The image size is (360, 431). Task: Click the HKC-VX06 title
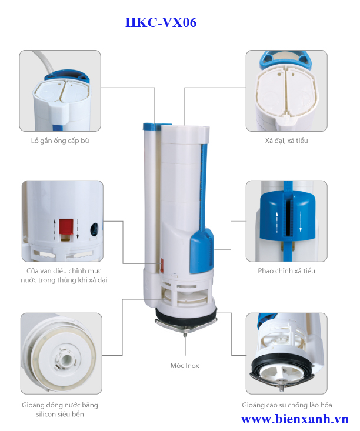coord(161,22)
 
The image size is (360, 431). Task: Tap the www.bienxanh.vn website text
coord(295,419)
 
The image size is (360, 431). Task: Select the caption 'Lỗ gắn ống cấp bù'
coord(60,141)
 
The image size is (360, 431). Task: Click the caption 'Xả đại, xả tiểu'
coord(286,141)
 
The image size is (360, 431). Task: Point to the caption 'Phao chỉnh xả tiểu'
coord(286,271)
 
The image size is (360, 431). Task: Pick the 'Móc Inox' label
coord(185,366)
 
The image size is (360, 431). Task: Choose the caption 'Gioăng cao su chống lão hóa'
coord(287,405)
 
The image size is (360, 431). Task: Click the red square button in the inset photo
coord(66,226)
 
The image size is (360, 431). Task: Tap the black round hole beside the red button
coord(94,229)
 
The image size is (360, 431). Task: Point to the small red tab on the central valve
coord(162,266)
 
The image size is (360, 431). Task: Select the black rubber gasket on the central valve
coord(186,314)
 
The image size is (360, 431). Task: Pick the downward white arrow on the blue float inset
coord(301,222)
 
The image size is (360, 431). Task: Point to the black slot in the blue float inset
coord(288,218)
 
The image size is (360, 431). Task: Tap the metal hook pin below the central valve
coord(186,334)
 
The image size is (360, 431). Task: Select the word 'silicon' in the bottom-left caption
coord(46,414)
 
